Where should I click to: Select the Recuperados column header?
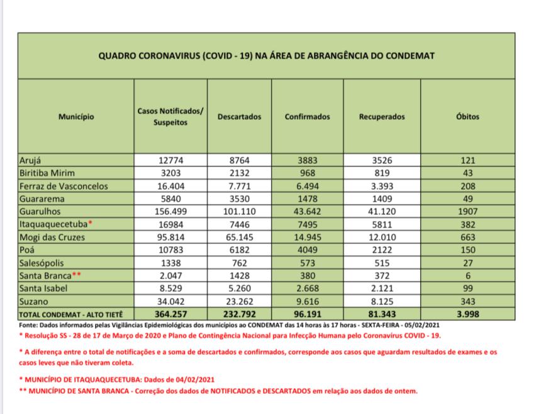(x=382, y=117)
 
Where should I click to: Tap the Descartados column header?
(x=239, y=117)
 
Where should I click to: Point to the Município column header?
(x=76, y=117)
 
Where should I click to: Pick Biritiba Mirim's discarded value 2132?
(x=239, y=174)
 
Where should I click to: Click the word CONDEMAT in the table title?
(x=412, y=55)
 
